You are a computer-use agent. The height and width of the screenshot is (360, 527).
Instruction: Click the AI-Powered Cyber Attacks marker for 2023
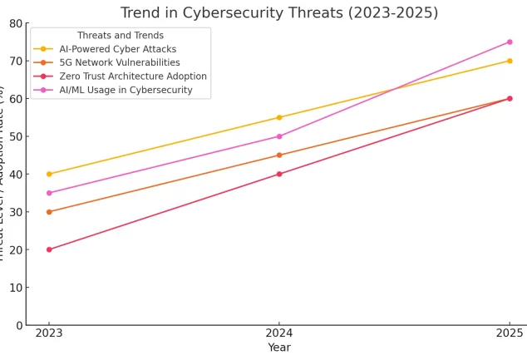pos(49,174)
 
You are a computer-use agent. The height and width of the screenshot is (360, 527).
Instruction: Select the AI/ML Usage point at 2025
pos(510,42)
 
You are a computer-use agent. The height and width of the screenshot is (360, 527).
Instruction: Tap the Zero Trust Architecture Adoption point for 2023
pos(49,249)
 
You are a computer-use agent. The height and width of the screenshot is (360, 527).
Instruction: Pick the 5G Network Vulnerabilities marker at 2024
pos(279,155)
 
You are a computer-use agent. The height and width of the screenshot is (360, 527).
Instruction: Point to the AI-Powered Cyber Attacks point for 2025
pos(510,61)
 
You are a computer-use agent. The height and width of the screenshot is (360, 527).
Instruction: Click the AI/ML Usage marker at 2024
pos(279,136)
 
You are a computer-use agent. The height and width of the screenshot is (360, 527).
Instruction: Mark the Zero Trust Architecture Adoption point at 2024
pos(279,174)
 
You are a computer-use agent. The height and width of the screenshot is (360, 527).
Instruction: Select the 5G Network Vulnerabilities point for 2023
pos(49,212)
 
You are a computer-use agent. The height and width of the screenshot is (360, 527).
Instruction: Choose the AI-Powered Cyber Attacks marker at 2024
pos(279,117)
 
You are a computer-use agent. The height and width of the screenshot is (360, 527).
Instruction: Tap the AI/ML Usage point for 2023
pos(49,193)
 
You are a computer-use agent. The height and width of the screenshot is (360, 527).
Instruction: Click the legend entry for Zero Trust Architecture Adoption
pos(133,76)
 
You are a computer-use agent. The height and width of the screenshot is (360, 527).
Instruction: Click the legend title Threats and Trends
pos(121,36)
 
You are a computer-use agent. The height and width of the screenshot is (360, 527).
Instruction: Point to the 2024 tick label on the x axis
pos(279,333)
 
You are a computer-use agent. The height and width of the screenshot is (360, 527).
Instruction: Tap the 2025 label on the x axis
pos(510,333)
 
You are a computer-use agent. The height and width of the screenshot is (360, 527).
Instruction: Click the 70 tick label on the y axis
pos(15,61)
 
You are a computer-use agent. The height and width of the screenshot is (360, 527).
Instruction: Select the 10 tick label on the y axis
pos(15,288)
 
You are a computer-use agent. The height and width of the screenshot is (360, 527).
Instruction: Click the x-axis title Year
pos(279,348)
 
